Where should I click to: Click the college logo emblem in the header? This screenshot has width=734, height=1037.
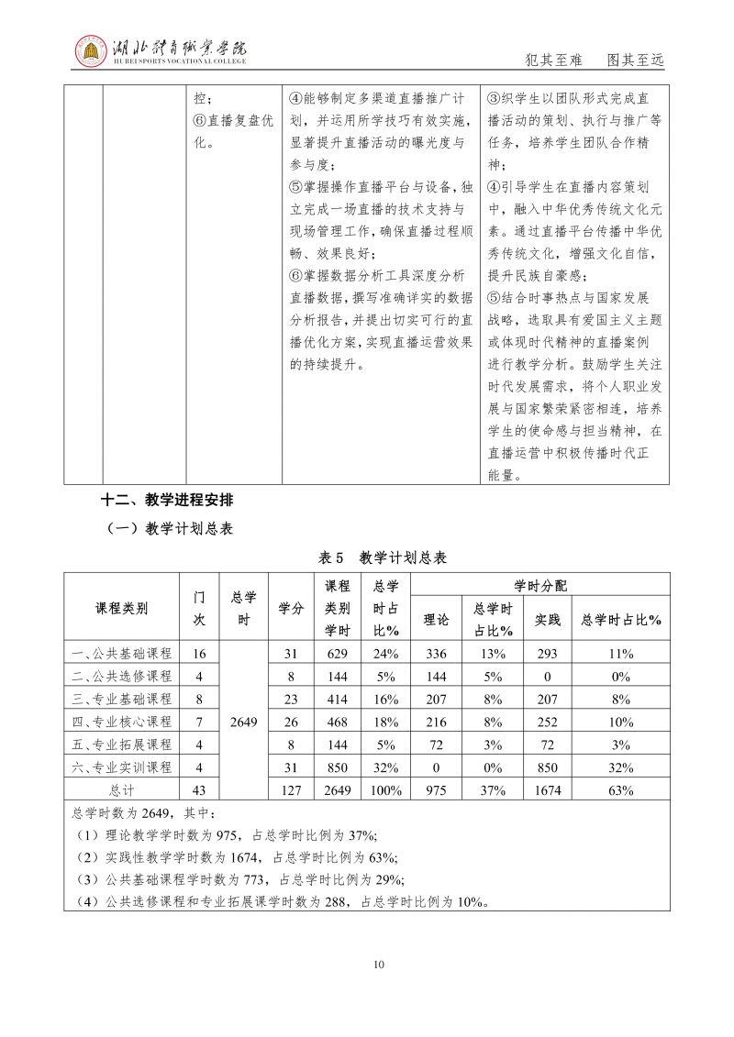(90, 52)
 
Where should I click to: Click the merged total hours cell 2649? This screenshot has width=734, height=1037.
(244, 722)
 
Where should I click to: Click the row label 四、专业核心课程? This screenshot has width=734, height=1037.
(122, 722)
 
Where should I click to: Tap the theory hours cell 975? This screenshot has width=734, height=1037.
(435, 789)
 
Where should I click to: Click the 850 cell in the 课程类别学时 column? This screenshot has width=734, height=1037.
(338, 767)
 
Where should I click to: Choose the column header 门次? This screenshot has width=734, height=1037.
(199, 607)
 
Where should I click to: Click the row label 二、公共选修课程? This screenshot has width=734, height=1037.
(122, 676)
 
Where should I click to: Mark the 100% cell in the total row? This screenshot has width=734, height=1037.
(385, 789)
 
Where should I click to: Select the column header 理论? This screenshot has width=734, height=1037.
(435, 620)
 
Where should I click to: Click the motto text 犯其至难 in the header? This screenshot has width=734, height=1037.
(551, 60)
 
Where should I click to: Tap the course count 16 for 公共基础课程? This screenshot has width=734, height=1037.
(199, 654)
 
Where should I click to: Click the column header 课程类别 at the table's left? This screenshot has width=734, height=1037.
(122, 607)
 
